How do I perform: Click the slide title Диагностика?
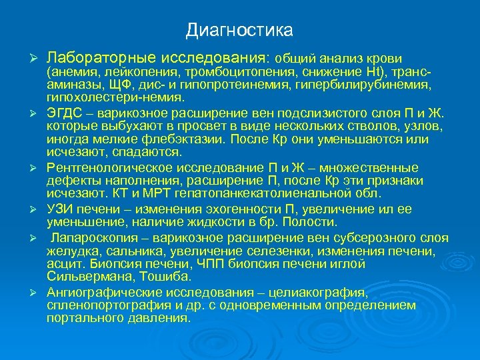click(x=239, y=31)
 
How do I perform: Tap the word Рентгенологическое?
click(x=108, y=167)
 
